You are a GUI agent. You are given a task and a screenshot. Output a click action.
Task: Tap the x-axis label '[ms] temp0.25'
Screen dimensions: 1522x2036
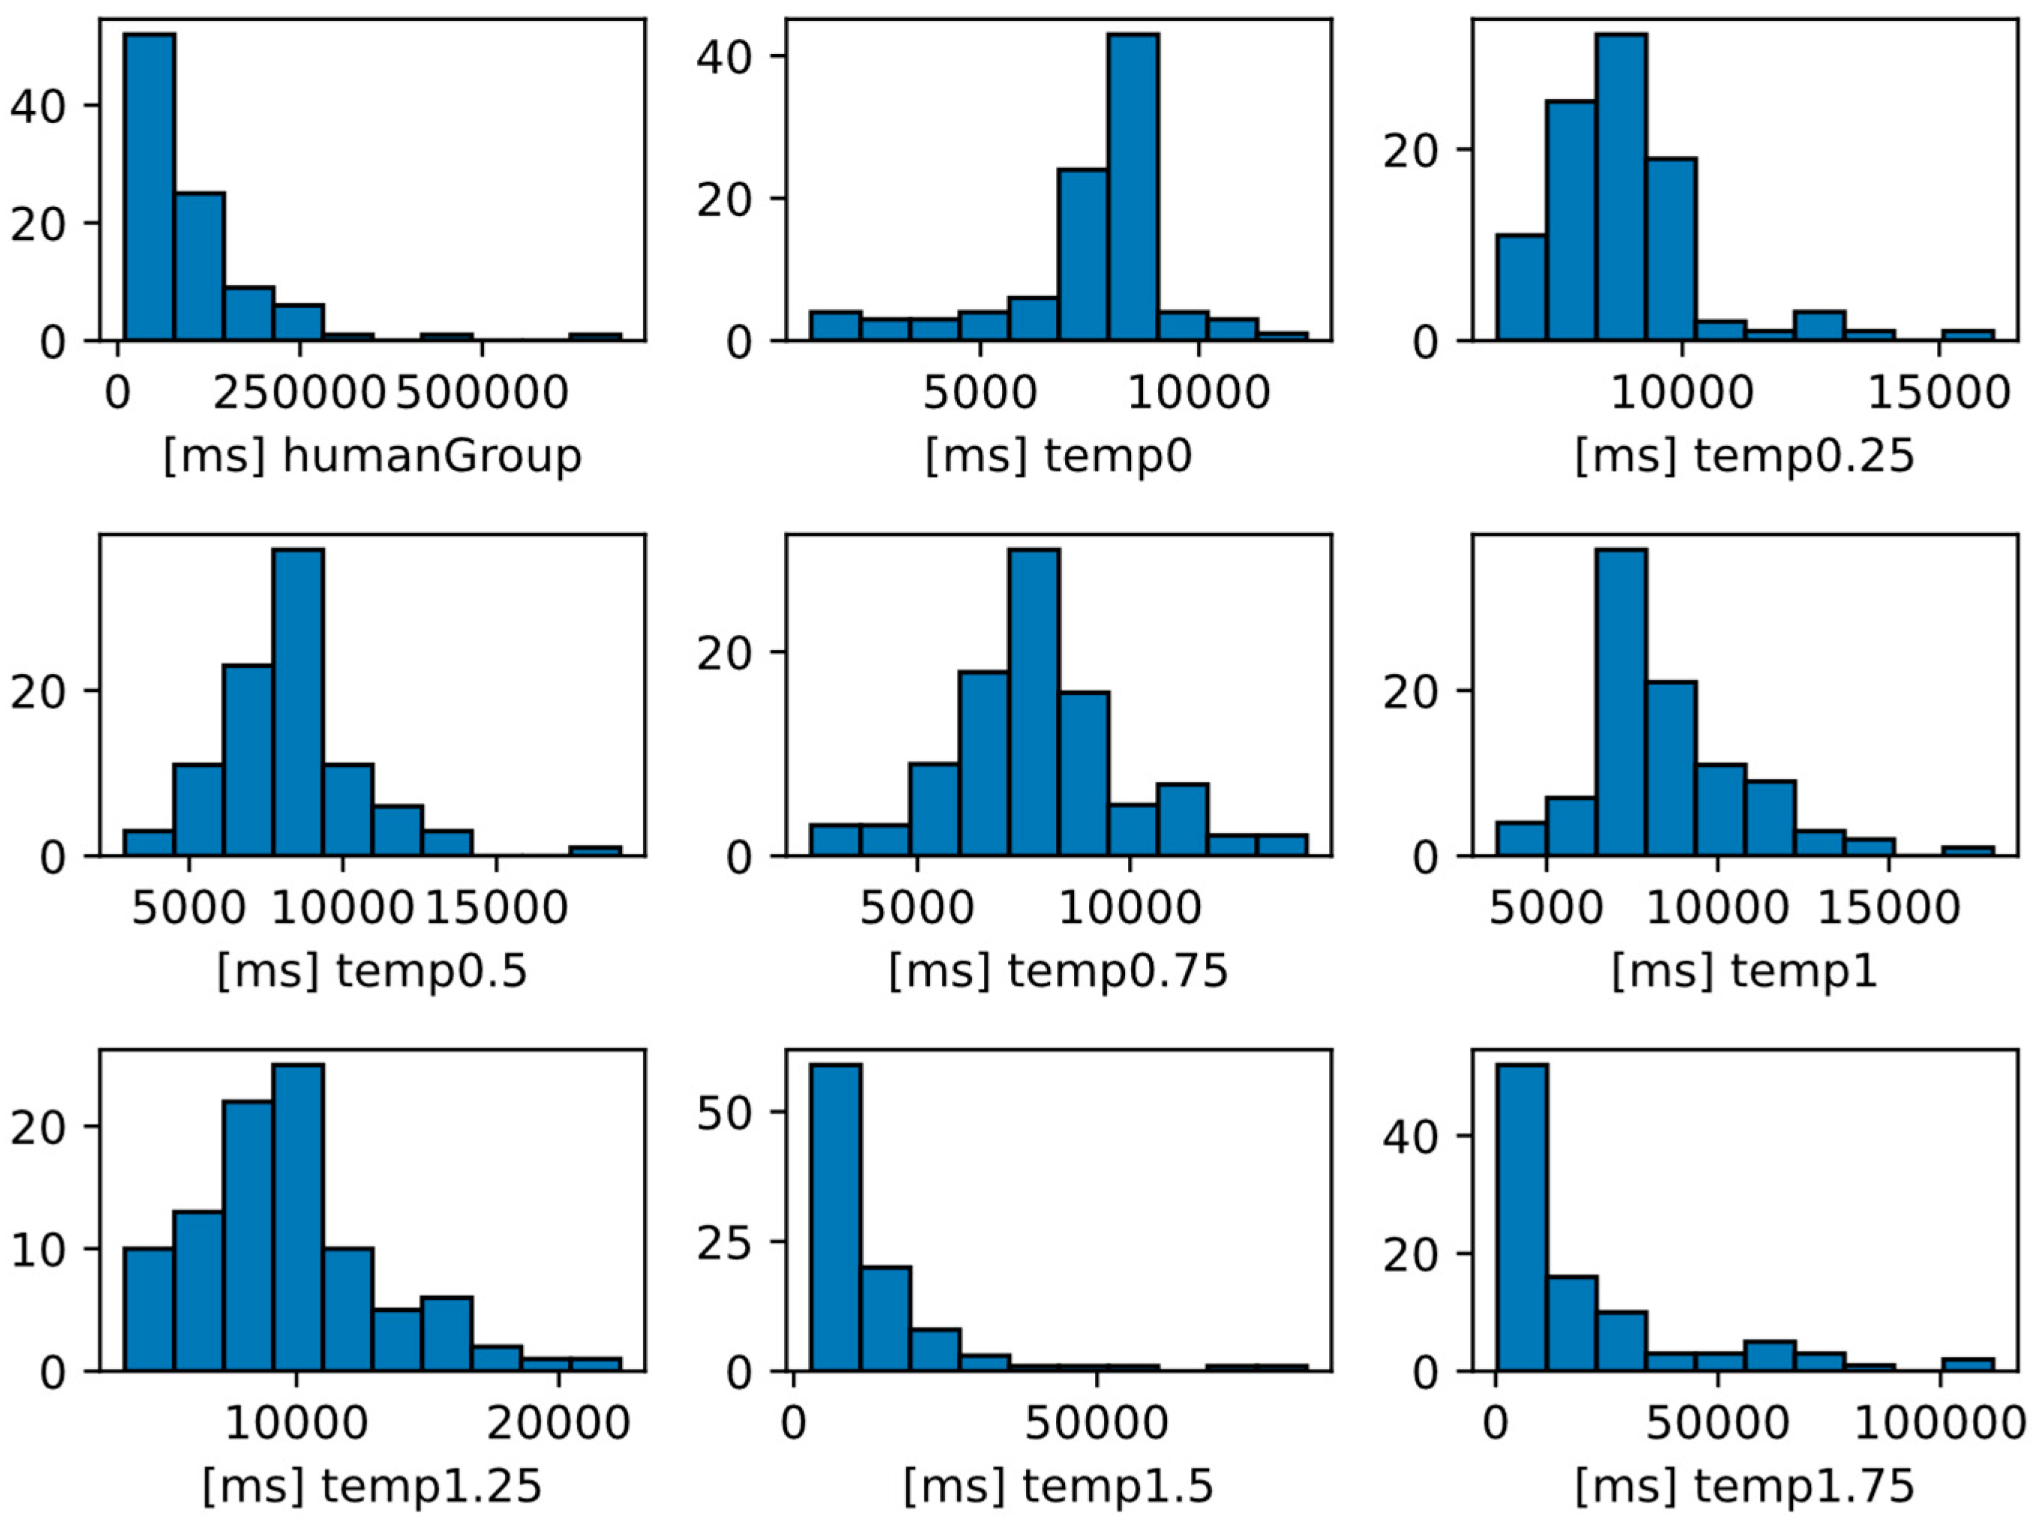click(1744, 455)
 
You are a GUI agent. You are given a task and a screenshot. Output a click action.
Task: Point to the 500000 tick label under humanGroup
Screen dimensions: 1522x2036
click(483, 393)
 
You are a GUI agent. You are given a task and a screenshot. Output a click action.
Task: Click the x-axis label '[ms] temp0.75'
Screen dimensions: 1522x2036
click(1057, 971)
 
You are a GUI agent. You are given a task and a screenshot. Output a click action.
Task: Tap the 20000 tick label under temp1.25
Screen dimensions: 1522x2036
click(558, 1424)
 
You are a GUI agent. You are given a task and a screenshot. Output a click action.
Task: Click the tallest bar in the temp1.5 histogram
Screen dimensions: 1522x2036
click(836, 1217)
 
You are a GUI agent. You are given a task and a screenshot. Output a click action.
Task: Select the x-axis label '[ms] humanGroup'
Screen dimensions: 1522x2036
click(372, 455)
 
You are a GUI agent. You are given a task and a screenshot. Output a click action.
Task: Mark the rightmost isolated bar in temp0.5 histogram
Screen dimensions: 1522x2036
click(594, 851)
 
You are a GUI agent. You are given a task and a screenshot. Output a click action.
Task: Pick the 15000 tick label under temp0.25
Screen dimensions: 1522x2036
click(1938, 393)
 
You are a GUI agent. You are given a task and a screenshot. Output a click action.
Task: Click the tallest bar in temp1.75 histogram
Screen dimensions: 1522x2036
click(1520, 1217)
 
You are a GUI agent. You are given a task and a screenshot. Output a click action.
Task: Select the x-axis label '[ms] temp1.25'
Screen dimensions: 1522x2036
click(372, 1486)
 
